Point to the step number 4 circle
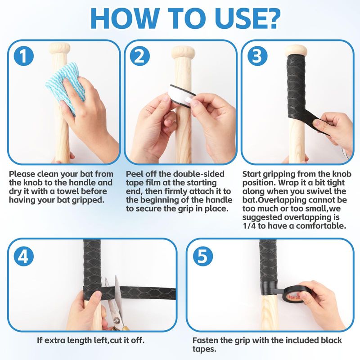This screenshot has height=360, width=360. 24,256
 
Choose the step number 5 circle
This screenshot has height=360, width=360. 203,256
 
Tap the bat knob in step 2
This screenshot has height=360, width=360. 183,52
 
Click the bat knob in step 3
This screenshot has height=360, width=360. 296,51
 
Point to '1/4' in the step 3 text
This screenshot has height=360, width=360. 249,226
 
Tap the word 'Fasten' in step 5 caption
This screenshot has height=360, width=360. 206,340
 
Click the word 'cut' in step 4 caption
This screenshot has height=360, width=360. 116,340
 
